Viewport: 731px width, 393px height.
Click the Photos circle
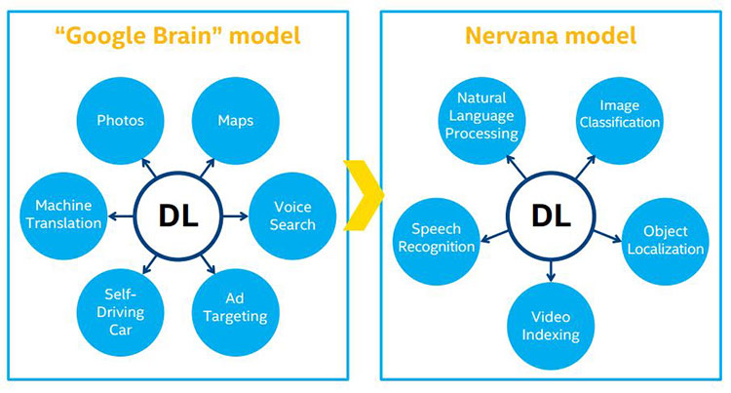[120, 121]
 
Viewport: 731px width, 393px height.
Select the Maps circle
[236, 121]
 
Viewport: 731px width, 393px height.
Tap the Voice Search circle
[292, 216]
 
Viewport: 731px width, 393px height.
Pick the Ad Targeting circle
[236, 312]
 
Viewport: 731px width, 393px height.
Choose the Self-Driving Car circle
[120, 312]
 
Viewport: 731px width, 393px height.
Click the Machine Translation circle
[63, 216]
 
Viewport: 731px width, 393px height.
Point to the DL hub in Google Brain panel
[178, 216]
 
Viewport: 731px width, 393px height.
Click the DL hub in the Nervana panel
[551, 216]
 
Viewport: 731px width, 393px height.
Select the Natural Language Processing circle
[481, 121]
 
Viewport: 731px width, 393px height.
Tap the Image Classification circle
[620, 121]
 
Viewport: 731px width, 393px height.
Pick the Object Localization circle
[666, 241]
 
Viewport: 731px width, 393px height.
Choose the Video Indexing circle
[551, 326]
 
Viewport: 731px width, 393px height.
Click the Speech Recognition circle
[437, 241]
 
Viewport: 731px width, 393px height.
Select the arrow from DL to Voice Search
[236, 216]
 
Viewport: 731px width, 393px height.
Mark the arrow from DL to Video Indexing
[551, 271]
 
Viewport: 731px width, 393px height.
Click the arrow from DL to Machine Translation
[121, 216]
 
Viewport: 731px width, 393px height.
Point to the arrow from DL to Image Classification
[585, 167]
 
